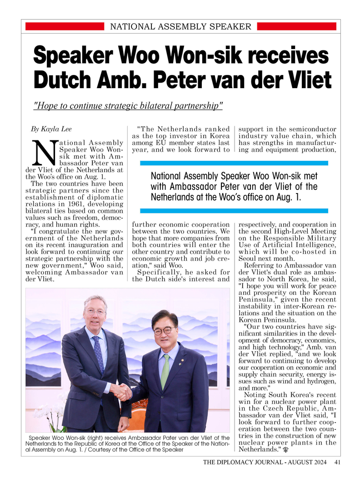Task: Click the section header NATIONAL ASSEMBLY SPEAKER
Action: [180, 27]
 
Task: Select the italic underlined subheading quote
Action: [129, 106]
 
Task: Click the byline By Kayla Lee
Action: [51, 129]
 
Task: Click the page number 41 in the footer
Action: [337, 463]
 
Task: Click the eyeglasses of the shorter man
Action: [164, 330]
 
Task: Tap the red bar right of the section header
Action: [296, 27]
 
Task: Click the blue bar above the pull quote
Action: [234, 163]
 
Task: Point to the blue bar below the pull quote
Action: [234, 211]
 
